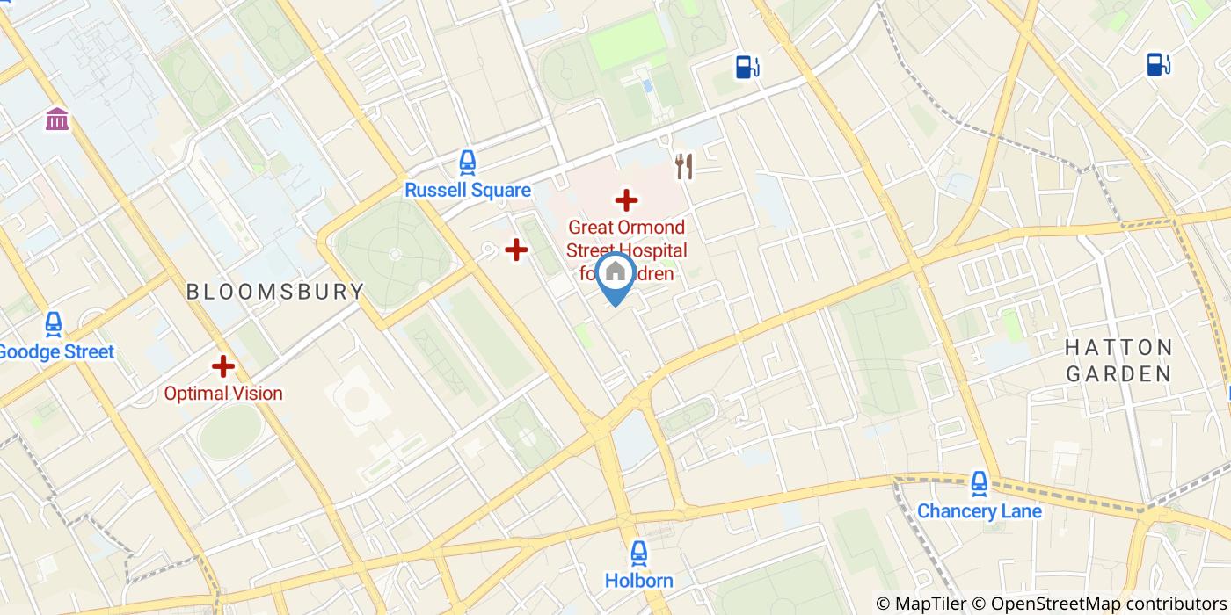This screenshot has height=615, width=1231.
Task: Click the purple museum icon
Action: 57,119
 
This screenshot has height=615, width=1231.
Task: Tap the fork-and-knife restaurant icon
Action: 684,166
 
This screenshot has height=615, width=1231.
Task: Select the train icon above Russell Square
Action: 468,163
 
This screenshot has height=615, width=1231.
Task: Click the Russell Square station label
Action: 468,191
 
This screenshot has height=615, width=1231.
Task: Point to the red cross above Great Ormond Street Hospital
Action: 626,200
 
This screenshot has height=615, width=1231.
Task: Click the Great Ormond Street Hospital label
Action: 626,250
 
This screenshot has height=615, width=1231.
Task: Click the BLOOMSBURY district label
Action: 275,292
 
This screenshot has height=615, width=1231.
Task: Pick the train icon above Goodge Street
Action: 54,324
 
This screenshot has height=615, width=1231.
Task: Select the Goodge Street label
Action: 56,352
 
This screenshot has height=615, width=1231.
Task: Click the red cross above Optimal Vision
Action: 223,365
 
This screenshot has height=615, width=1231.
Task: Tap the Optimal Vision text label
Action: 223,394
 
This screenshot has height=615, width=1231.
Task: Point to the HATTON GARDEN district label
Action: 1118,360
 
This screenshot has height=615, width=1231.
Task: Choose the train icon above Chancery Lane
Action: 979,483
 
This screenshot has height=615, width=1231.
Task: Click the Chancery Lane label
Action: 979,511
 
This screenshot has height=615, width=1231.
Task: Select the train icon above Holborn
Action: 639,553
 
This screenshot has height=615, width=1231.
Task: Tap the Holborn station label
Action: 639,581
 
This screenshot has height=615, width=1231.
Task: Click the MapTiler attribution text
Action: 922,604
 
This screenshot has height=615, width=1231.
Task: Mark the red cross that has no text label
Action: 516,250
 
